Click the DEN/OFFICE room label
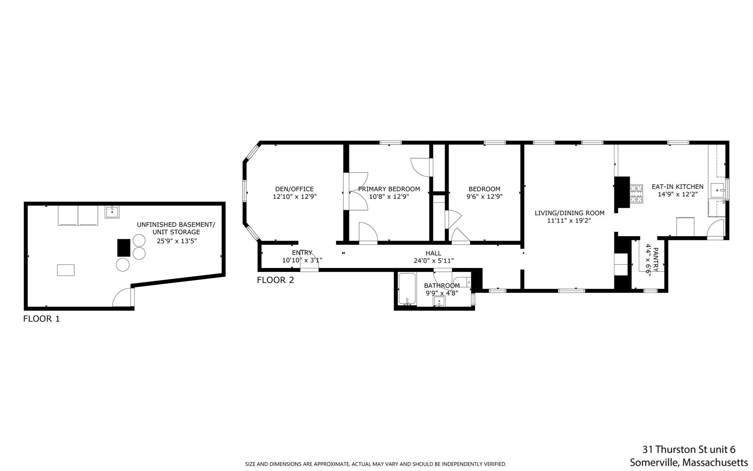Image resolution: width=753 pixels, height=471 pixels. [x=294, y=189]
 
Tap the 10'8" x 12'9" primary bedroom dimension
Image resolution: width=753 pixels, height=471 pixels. [x=389, y=196]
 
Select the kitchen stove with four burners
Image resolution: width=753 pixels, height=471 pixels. [x=636, y=194]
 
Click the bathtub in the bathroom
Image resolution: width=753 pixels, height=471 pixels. [x=407, y=289]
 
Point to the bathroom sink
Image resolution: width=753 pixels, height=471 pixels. [x=439, y=301]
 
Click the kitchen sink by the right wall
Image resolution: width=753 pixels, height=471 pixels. [x=717, y=190]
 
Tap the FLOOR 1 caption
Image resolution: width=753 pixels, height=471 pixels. [x=41, y=319]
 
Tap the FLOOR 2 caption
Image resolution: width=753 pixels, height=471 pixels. [x=275, y=280]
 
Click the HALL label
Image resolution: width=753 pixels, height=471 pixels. [x=433, y=253]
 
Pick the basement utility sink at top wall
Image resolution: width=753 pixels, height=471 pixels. [x=112, y=212]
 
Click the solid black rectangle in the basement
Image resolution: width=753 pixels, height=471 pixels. [x=124, y=248]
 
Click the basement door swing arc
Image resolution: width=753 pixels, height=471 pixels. [x=121, y=297]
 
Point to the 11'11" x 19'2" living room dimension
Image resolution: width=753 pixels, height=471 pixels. [x=569, y=221]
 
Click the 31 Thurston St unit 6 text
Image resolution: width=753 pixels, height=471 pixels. [x=689, y=449]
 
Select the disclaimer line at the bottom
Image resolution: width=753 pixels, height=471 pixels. [x=375, y=464]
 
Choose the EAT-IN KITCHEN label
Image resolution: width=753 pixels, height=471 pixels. [x=677, y=187]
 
